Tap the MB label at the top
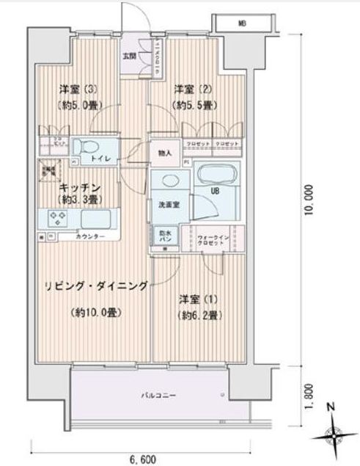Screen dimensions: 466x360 [x=241, y=24]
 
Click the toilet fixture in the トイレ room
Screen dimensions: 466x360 [x=91, y=146]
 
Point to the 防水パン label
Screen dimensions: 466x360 [x=164, y=236]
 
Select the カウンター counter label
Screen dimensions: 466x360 [x=90, y=237]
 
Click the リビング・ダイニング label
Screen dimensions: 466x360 [x=107, y=285]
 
